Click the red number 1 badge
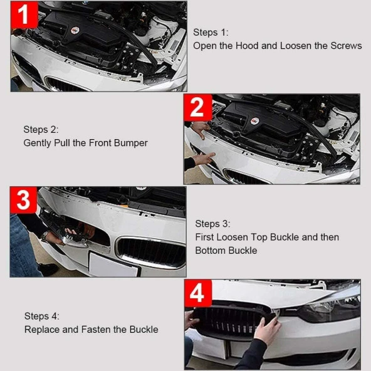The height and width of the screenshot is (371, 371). pyautogui.click(x=24, y=14)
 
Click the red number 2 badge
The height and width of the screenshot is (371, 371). pyautogui.click(x=197, y=108)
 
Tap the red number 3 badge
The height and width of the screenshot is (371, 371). pyautogui.click(x=24, y=201)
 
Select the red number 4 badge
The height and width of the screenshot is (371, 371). pyautogui.click(x=197, y=293)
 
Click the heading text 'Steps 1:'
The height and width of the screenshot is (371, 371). pyautogui.click(x=211, y=32)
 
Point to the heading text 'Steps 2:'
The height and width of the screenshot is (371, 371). pyautogui.click(x=41, y=129)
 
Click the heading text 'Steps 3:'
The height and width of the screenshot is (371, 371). pyautogui.click(x=213, y=224)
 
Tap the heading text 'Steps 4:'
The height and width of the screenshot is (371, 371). pyautogui.click(x=42, y=316)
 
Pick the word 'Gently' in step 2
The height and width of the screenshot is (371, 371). pyautogui.click(x=38, y=143)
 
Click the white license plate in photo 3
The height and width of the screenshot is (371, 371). pyautogui.click(x=113, y=263)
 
